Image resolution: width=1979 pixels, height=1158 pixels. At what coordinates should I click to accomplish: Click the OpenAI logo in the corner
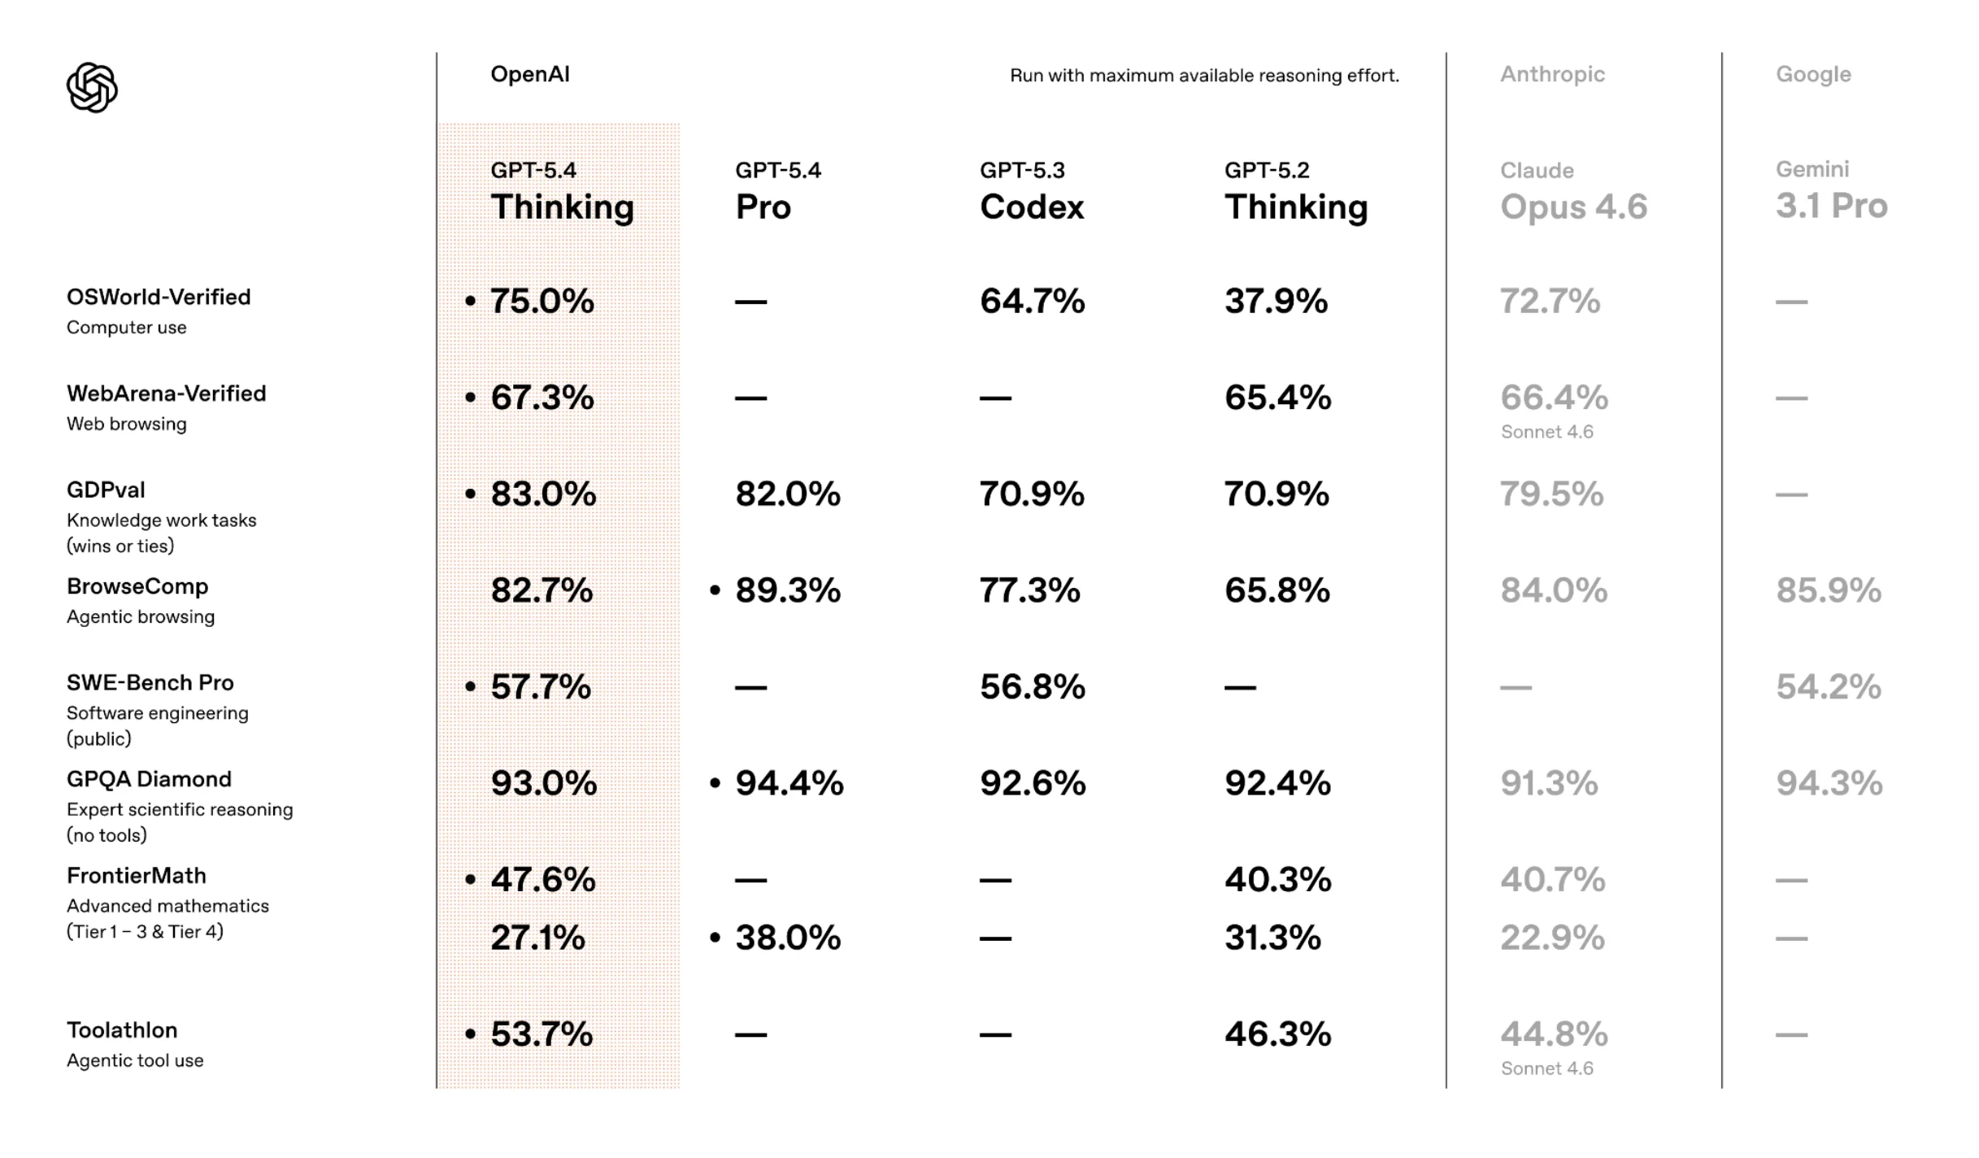pos(92,88)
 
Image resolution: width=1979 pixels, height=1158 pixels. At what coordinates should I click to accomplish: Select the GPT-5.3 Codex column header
pos(1031,194)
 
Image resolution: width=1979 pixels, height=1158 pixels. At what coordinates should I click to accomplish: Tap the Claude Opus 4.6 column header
pos(1572,194)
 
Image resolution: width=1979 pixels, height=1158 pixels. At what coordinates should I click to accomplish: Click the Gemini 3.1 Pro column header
pos(1830,192)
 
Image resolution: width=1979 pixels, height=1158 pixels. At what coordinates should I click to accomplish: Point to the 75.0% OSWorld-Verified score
pos(542,302)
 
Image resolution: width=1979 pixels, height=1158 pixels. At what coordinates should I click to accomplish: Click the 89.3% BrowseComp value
pos(787,590)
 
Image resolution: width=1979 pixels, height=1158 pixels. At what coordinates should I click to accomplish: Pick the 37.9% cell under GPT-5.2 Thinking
pos(1276,302)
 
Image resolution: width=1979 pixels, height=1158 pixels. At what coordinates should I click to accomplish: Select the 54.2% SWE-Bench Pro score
pos(1828,687)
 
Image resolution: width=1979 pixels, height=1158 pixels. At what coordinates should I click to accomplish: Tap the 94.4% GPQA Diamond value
pos(789,784)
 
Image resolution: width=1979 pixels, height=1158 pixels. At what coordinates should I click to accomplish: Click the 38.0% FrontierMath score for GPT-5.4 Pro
pos(787,938)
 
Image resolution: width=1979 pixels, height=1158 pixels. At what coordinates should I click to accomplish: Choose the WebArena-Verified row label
pos(166,394)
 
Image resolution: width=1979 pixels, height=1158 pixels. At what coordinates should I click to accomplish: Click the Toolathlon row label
pos(122,1030)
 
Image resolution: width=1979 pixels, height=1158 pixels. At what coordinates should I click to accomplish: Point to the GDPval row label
pos(106,490)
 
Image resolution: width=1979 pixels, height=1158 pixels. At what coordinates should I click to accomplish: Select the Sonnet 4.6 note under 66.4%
pos(1546,433)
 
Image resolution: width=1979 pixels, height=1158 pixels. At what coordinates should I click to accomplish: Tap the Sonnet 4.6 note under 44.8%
pos(1546,1069)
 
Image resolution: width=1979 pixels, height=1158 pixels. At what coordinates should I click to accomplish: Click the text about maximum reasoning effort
pos(1203,76)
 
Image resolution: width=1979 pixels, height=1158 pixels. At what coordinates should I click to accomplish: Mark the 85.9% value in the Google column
pos(1828,590)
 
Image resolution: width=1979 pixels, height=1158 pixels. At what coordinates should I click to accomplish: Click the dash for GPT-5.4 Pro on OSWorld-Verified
pos(750,303)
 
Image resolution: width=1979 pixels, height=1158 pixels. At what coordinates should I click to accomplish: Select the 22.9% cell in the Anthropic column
pos(1551,938)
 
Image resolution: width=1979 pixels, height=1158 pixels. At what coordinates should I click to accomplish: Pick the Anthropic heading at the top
pos(1551,75)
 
